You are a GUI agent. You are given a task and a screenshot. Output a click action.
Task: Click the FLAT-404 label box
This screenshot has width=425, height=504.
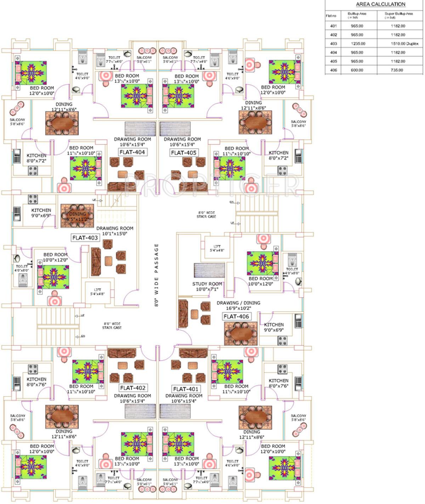132,152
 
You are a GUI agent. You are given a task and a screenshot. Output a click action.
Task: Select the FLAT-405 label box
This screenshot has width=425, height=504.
183,153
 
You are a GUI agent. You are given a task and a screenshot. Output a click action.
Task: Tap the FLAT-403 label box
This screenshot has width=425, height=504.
85,238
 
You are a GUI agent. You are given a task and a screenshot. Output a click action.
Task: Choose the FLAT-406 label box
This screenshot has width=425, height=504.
236,316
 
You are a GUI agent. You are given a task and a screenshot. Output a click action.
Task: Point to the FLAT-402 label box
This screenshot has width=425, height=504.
132,388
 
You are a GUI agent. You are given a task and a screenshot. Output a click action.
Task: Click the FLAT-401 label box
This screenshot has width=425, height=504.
186,389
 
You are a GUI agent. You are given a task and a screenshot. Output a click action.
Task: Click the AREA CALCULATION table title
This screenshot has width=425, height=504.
380,4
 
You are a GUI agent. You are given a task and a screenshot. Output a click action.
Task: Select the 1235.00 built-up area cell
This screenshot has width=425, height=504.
357,44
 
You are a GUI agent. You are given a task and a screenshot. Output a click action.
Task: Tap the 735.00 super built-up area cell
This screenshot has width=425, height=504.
397,70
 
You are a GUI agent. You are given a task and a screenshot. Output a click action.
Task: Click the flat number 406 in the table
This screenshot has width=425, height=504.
333,70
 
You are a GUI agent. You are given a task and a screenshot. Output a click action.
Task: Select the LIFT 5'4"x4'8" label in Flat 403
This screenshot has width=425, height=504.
97,292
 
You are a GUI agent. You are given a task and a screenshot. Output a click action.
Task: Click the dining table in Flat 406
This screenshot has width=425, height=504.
241,333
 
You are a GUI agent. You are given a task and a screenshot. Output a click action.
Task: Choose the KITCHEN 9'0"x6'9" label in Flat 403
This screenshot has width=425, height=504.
41,213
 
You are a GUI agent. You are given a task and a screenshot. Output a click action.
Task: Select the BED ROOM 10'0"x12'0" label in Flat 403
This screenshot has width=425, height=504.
55,257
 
